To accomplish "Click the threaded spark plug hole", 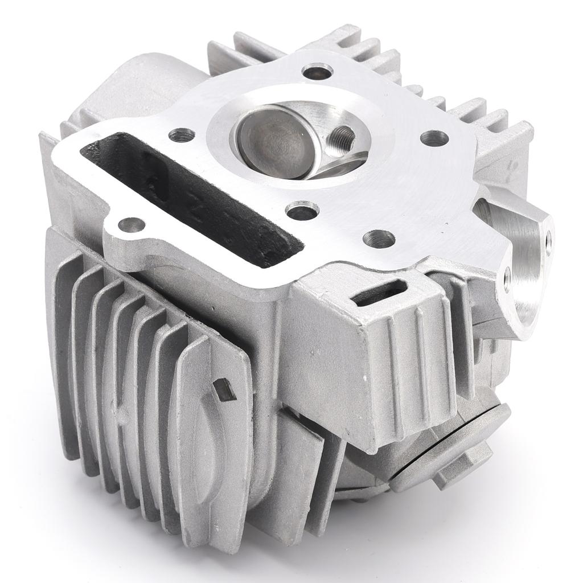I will click(342, 137).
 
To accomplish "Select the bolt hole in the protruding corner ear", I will click(131, 225).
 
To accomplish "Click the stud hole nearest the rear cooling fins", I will click(317, 72).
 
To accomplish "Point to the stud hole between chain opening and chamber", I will click(182, 135).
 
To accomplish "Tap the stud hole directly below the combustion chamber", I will click(302, 211).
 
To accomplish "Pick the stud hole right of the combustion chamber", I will click(434, 138).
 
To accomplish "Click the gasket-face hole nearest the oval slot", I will click(379, 239).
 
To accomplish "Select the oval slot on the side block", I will click(380, 292).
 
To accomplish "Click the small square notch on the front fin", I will click(224, 390).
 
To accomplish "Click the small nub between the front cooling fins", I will click(117, 408).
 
